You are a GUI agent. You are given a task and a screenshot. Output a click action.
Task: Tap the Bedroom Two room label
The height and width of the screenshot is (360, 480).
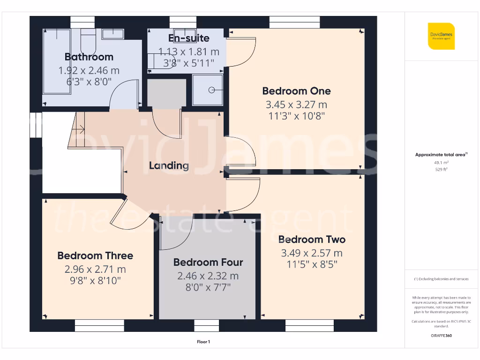pos(312,240)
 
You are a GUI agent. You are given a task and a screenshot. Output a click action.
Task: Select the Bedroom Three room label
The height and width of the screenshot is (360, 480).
pos(95,255)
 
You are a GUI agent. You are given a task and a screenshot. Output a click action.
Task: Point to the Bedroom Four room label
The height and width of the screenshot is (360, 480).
pos(208,262)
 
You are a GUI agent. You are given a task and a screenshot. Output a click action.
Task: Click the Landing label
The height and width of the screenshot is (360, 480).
pos(169,165)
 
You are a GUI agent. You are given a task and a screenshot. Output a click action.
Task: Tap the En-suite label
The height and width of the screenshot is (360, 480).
pos(189,38)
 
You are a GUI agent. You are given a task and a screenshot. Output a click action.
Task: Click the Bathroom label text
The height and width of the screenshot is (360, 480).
pos(89,57)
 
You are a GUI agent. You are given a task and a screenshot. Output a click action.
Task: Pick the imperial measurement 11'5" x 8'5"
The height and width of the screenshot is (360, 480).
pos(312,264)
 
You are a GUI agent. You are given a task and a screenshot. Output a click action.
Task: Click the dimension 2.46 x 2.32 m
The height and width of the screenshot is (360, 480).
pos(208,276)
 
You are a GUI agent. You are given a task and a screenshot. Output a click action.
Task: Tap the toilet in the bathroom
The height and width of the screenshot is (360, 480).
pos(87,42)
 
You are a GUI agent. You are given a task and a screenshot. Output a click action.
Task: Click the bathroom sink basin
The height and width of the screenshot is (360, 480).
pos(112,34)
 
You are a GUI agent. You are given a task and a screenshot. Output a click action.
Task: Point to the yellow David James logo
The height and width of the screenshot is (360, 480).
pos(441,36)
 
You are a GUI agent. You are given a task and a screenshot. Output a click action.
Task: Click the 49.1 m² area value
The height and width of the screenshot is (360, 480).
pos(441,163)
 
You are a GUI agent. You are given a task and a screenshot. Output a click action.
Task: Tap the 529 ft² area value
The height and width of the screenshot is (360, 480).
pos(441,170)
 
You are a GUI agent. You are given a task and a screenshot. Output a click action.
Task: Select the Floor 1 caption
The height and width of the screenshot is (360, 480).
pos(203,342)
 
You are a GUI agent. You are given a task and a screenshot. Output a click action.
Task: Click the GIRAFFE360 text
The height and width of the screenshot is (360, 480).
pos(441,336)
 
